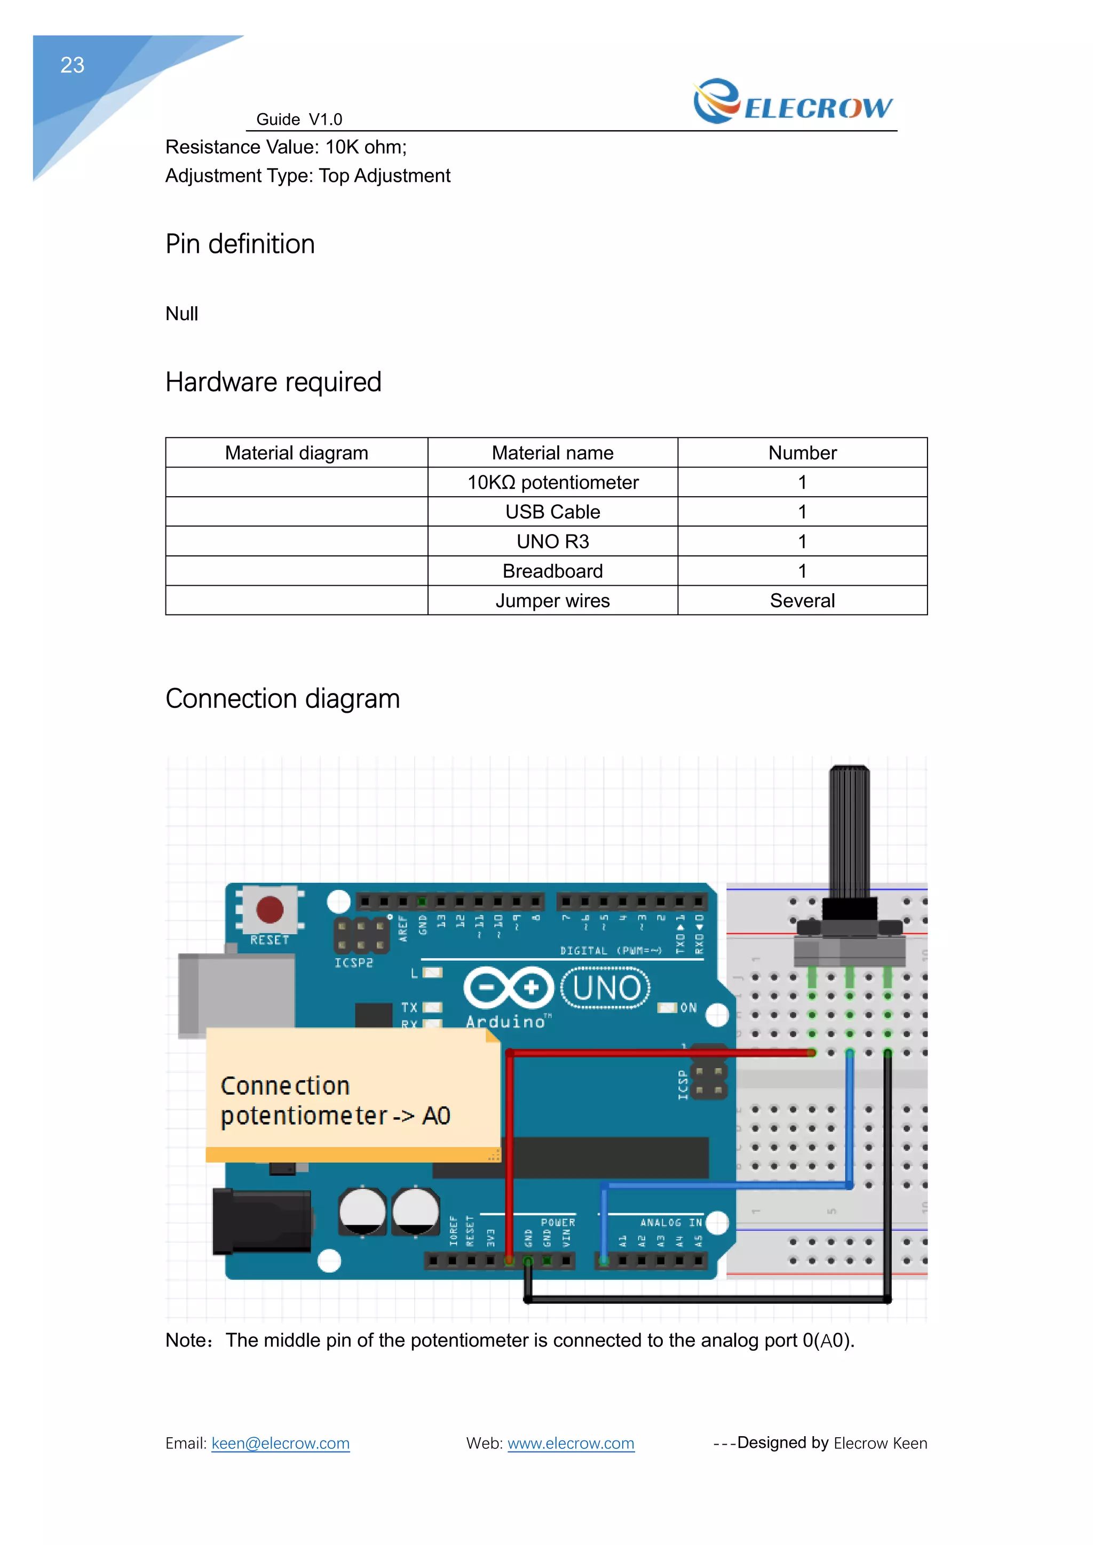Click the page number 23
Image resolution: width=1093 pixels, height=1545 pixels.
tap(72, 65)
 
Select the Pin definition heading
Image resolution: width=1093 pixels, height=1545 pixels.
tap(240, 244)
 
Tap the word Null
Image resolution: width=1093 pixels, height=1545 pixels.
tap(181, 314)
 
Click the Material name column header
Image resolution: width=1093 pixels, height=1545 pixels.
tap(552, 453)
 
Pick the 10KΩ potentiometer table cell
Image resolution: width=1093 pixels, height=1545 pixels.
tap(552, 482)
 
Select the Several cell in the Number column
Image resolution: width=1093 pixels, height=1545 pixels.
tap(802, 600)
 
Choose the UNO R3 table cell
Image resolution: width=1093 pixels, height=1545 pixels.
tap(552, 541)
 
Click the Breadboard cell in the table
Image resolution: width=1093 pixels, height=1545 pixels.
tap(552, 571)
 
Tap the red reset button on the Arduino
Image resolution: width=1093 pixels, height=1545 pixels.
tap(270, 910)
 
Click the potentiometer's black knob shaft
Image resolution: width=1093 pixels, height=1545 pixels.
tap(849, 831)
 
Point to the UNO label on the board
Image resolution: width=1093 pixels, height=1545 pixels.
tap(606, 988)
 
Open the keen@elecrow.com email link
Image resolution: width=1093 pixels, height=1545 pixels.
tap(280, 1444)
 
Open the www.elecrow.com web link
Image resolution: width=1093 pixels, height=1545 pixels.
tap(571, 1444)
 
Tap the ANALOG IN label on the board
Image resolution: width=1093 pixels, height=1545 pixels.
tap(670, 1223)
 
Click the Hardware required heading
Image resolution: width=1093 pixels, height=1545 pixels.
tap(273, 382)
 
